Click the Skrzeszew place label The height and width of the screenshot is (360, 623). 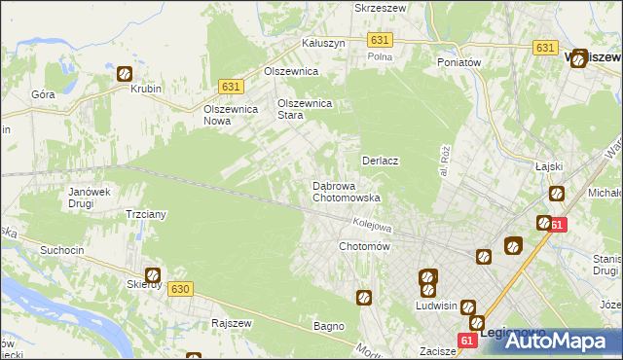click(x=381, y=7)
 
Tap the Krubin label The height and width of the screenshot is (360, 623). click(x=145, y=89)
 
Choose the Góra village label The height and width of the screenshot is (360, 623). click(x=43, y=94)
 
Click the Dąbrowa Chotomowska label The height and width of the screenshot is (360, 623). click(x=346, y=191)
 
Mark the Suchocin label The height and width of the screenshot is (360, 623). click(x=61, y=250)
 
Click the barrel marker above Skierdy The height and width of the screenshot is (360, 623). click(x=152, y=275)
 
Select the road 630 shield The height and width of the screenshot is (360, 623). click(x=179, y=289)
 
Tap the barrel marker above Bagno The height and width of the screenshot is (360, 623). click(x=364, y=298)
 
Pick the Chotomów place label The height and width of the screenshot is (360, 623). click(x=364, y=247)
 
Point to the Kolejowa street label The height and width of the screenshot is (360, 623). click(x=371, y=225)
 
